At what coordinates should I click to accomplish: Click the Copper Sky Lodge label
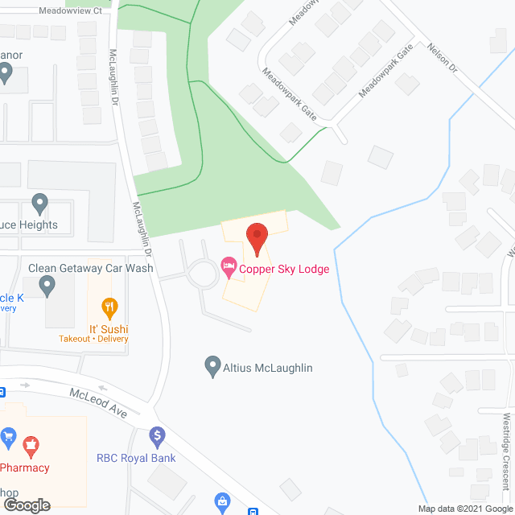click(x=284, y=269)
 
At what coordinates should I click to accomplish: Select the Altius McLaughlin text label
click(x=268, y=368)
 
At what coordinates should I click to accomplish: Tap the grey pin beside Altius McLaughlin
click(x=212, y=367)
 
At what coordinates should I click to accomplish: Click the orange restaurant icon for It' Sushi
click(x=109, y=307)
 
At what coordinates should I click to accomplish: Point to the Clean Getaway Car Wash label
click(x=90, y=268)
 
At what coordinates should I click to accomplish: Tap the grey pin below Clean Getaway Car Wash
click(x=47, y=285)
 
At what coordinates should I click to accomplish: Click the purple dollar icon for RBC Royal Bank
click(x=157, y=439)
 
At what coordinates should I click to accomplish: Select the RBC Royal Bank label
click(x=135, y=459)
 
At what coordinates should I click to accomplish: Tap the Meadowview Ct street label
click(x=71, y=11)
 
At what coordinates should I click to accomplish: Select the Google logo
click(x=26, y=505)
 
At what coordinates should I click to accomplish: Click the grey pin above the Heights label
click(x=39, y=203)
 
